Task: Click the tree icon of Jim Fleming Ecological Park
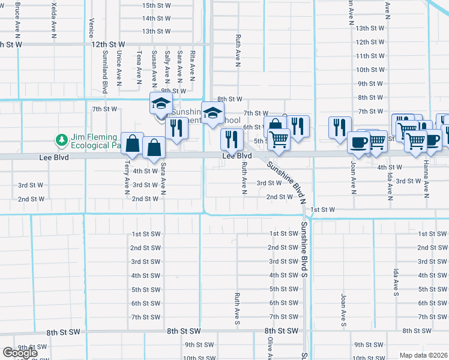[x=61, y=140]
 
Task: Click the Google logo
[x=20, y=353]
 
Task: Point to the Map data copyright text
[x=424, y=355]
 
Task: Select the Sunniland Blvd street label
[x=105, y=80]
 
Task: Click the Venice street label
[x=91, y=28]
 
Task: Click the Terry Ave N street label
[x=127, y=176]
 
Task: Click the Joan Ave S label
[x=344, y=309]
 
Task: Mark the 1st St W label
[x=322, y=209]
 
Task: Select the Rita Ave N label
[x=192, y=65]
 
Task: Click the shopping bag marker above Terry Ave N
[x=133, y=143]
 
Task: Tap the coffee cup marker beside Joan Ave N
[x=360, y=143]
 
